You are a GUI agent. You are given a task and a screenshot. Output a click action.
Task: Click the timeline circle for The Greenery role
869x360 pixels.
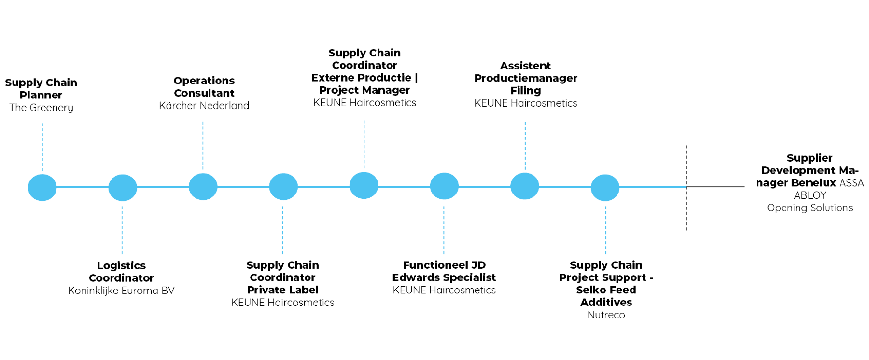(x=42, y=187)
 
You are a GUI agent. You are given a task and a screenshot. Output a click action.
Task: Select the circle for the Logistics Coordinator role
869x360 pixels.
(x=122, y=187)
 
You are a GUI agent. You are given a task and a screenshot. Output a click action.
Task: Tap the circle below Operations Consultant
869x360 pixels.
(x=203, y=187)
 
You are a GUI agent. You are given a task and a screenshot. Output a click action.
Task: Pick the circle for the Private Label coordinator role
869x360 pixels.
(x=283, y=187)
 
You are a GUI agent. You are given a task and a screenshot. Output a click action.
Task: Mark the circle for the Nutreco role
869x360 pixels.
(x=605, y=187)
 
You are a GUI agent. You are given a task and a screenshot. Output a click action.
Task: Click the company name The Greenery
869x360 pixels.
(x=42, y=108)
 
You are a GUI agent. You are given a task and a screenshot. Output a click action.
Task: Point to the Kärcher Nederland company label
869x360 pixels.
(x=203, y=106)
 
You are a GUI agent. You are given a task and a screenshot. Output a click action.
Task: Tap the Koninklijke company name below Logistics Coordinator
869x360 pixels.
(x=121, y=291)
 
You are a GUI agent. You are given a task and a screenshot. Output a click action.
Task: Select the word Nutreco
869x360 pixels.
(x=606, y=315)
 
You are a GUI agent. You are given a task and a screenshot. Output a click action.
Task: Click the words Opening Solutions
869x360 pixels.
(x=810, y=208)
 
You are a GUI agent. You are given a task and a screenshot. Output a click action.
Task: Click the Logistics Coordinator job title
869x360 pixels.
(x=122, y=272)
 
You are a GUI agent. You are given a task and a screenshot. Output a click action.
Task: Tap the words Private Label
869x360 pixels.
(x=282, y=290)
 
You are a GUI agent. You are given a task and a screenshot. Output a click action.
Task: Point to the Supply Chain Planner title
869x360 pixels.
(x=42, y=88)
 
